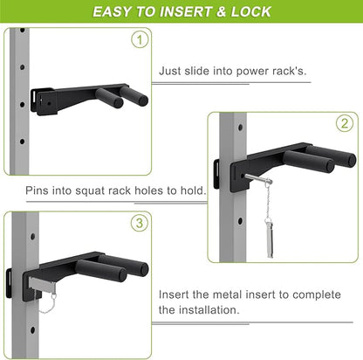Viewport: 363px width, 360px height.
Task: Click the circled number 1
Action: [140, 39]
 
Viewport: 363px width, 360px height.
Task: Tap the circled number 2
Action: [345, 123]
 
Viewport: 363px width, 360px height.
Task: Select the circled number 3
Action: [140, 223]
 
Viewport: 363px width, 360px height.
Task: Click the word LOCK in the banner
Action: [250, 11]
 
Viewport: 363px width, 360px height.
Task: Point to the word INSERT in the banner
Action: [185, 11]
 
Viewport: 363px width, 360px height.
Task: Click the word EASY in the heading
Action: [112, 11]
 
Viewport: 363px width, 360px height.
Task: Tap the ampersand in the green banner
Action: [221, 11]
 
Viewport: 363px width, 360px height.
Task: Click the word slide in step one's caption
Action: [197, 71]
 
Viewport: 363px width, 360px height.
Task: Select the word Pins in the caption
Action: [37, 190]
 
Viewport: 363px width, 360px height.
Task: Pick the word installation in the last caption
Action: [209, 309]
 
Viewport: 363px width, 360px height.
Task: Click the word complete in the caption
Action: [317, 295]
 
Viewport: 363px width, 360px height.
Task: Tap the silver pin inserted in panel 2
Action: [258, 178]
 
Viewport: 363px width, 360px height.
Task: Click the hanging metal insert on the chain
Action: [270, 238]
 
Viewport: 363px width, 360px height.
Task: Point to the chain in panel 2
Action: [269, 201]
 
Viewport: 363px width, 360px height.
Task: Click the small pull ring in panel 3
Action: [54, 296]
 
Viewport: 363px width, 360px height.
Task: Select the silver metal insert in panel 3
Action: [41, 283]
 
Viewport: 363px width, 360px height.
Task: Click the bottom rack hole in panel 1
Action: [22, 142]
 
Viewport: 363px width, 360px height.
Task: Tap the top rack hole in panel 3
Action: [32, 236]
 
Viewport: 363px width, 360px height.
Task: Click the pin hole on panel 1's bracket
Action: [49, 103]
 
